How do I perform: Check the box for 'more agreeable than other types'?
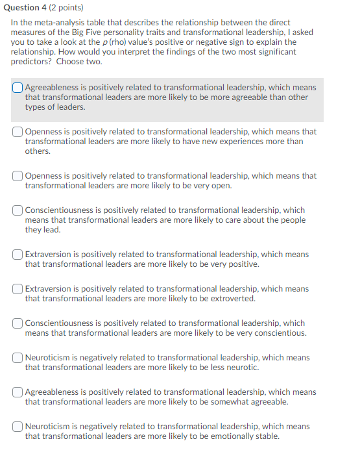coord(18,88)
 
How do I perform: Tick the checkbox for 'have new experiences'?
coord(18,132)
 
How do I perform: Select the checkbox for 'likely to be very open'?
coord(18,176)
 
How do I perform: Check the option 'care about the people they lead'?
coord(18,210)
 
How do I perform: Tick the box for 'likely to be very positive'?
coord(18,255)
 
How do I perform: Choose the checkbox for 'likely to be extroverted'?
coord(18,289)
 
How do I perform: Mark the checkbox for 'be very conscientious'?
coord(18,323)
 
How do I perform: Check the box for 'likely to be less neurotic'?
coord(18,358)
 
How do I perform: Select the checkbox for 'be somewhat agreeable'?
coord(18,392)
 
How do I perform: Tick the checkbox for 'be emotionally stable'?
coord(18,427)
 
